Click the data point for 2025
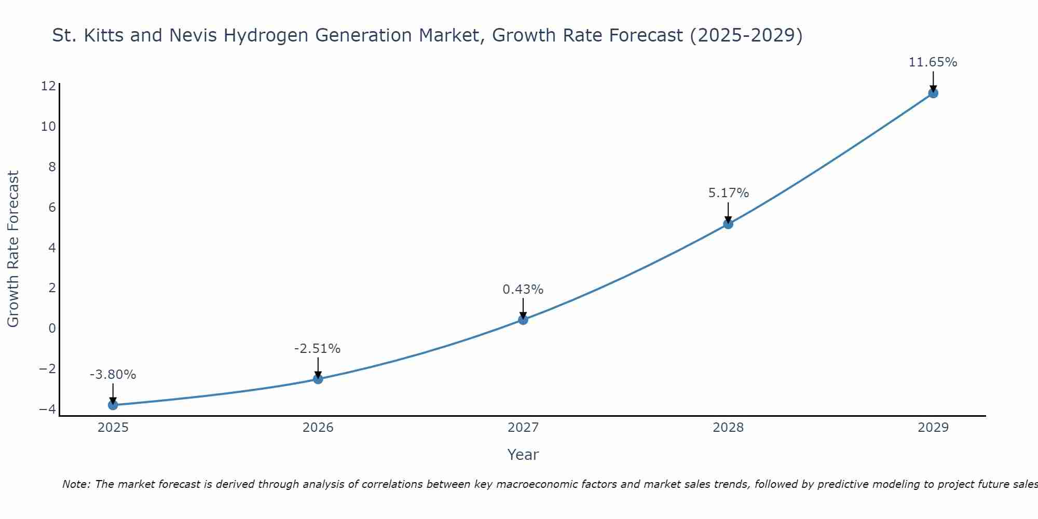(x=113, y=405)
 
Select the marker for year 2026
(x=318, y=379)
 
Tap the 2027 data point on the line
(x=523, y=320)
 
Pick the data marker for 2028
(x=728, y=224)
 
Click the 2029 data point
(x=933, y=93)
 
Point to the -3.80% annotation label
(x=113, y=375)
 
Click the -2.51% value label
(x=317, y=349)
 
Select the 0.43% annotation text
(x=523, y=290)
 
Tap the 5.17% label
(x=728, y=193)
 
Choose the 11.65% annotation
(x=933, y=62)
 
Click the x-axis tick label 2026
(x=318, y=428)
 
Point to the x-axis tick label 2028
(x=728, y=428)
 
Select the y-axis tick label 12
(x=48, y=86)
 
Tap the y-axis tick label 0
(x=52, y=328)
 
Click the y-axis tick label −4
(x=48, y=409)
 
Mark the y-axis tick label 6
(x=52, y=207)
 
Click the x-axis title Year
(x=523, y=455)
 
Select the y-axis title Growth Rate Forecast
(x=13, y=249)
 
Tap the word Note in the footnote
(x=76, y=484)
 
